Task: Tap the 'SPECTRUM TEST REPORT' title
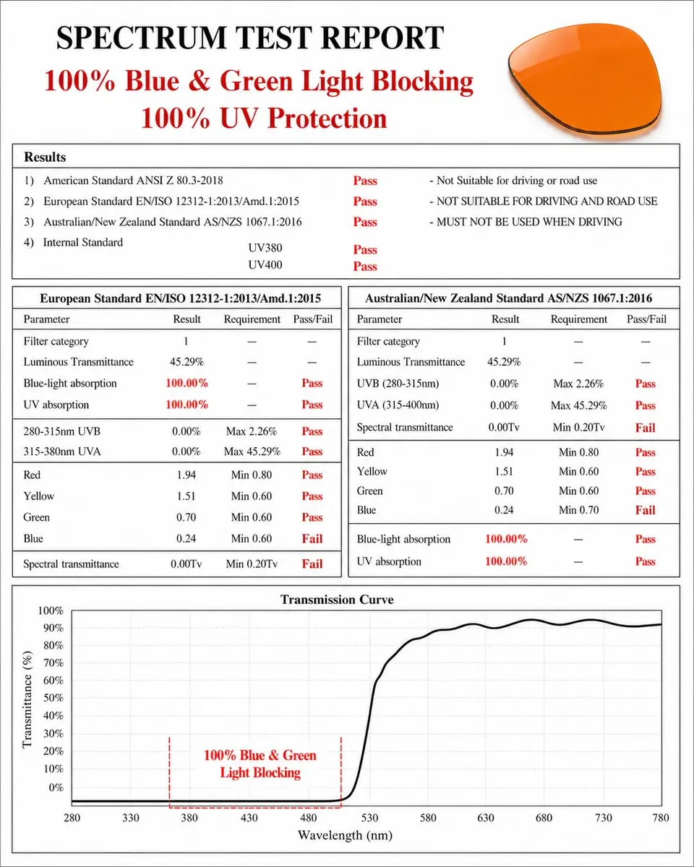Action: (250, 38)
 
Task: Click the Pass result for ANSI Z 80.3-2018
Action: (365, 181)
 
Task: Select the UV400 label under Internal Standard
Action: (265, 264)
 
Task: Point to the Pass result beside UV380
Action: (365, 250)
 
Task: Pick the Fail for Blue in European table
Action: (312, 539)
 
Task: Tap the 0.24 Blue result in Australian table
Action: (504, 510)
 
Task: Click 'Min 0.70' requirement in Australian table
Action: (578, 510)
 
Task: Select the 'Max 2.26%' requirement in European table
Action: (252, 431)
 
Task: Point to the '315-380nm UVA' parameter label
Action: (61, 452)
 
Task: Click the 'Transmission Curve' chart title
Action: (337, 600)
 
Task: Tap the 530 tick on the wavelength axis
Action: (369, 818)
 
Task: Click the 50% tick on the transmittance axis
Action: (53, 698)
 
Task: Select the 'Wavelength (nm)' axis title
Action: (345, 836)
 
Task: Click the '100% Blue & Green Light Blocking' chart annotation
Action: (260, 764)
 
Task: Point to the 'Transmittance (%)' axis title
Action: (27, 700)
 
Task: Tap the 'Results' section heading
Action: (45, 157)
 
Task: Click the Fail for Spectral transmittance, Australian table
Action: (646, 428)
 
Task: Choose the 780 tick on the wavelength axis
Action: (661, 818)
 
